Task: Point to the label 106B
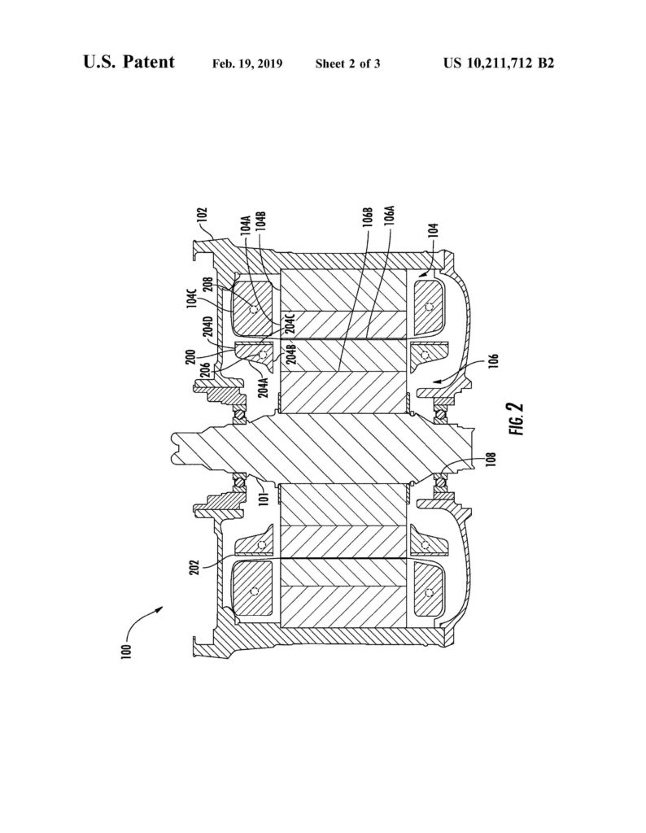[x=369, y=219]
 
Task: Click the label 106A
[x=391, y=219]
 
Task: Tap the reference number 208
[x=207, y=287]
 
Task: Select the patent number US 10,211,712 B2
[x=499, y=63]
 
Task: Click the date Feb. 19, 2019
[x=247, y=63]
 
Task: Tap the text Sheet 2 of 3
[x=348, y=63]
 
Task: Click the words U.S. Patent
[x=129, y=62]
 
